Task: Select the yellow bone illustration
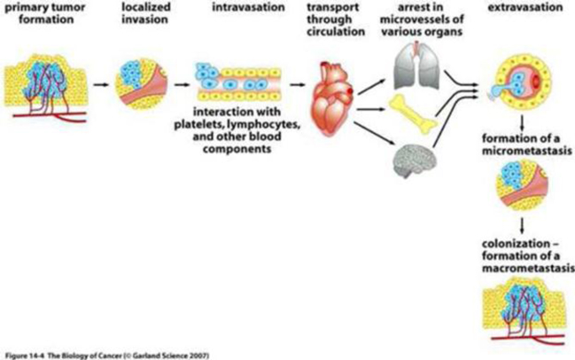click(x=413, y=110)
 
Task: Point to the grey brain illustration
click(x=414, y=160)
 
